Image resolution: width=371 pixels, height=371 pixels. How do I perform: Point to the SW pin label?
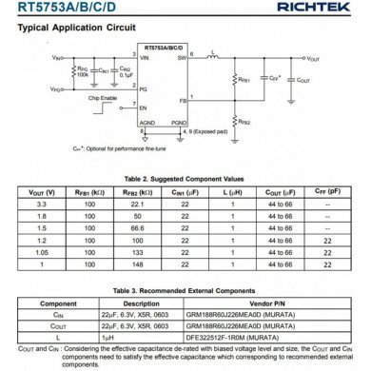tap(181, 58)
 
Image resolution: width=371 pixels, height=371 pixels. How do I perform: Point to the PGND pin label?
tap(180, 123)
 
